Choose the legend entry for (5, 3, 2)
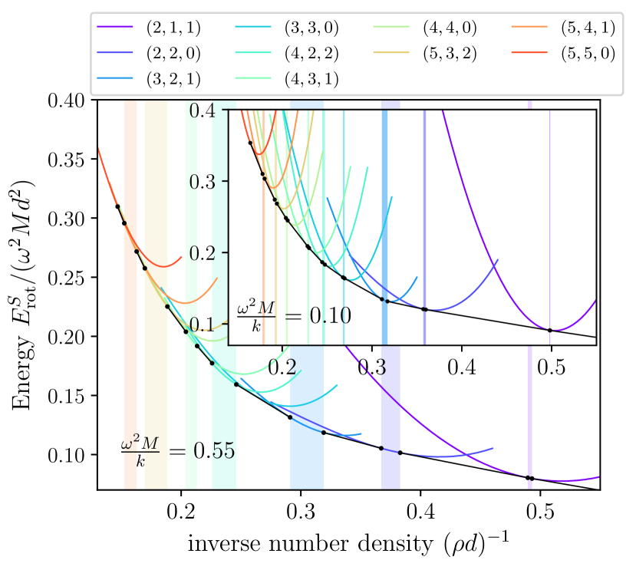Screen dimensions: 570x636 point(449,54)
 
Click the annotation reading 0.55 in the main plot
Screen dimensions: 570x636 point(177,450)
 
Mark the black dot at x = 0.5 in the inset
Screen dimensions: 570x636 point(550,330)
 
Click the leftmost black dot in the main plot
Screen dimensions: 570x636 point(117,206)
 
